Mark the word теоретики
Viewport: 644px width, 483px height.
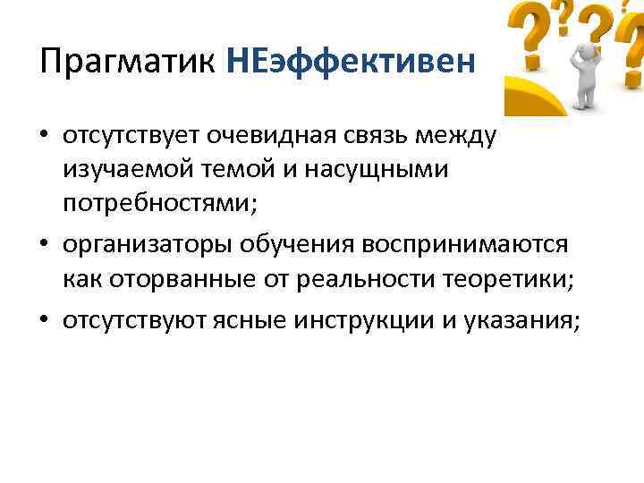click(509, 281)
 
